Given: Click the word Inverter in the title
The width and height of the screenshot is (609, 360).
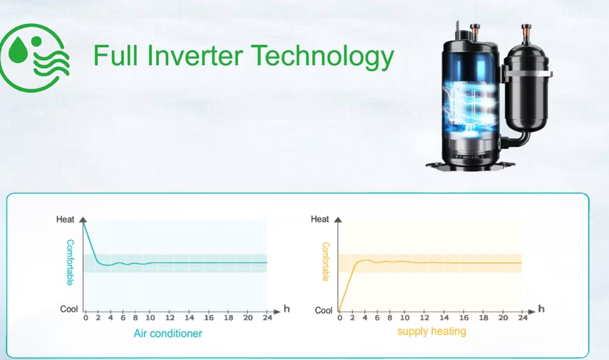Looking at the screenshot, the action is point(195,55).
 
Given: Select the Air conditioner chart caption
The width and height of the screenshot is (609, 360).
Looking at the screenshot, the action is point(168,333).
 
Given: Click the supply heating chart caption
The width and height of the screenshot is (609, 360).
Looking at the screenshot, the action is point(432,331).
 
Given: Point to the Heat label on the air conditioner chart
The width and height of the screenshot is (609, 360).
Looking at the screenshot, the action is point(65,220).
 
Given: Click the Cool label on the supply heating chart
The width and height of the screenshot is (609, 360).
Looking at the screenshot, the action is point(323,310).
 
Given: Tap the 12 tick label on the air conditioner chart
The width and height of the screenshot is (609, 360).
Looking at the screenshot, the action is point(170,317).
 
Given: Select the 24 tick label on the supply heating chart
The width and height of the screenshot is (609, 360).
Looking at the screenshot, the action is point(522,317).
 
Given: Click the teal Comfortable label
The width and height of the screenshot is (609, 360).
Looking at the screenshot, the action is point(70,263).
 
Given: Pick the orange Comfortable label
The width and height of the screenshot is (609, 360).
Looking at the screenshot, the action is point(326,262).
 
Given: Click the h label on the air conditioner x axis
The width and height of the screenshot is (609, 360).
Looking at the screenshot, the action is point(287,309).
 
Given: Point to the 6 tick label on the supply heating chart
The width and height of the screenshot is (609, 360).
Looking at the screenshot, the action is point(377,317).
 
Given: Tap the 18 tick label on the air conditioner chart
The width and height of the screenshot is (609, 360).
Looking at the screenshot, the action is point(228,317).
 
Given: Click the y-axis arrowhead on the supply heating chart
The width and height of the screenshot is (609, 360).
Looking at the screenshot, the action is point(338,220).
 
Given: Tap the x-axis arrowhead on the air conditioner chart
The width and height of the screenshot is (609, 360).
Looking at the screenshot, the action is point(277,312).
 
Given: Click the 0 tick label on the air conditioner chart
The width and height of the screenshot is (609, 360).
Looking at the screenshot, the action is point(86,317).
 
